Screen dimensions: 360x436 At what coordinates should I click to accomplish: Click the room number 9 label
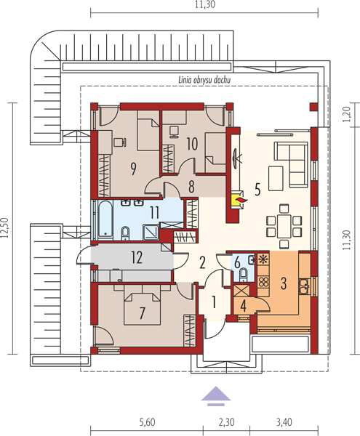click(x=134, y=169)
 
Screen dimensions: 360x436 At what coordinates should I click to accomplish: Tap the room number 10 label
click(x=192, y=144)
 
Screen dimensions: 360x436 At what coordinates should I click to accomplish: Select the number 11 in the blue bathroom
click(x=154, y=212)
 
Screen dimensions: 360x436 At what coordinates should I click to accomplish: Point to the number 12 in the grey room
click(x=137, y=257)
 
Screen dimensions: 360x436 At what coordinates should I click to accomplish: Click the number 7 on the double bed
click(x=142, y=312)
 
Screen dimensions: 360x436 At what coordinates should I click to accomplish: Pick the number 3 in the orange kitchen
click(x=284, y=283)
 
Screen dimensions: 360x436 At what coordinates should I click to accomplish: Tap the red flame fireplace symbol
click(x=241, y=199)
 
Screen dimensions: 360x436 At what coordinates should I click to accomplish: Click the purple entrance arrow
click(x=216, y=396)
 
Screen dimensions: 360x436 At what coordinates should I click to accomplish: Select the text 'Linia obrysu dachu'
click(x=204, y=80)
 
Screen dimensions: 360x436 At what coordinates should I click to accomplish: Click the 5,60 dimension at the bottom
click(x=147, y=422)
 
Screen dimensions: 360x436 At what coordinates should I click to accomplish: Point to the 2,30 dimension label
click(x=226, y=422)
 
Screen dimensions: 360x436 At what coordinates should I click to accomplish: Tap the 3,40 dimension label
click(x=284, y=422)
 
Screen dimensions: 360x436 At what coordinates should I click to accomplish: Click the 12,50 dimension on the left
click(x=5, y=228)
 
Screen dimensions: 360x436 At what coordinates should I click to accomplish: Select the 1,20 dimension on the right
click(x=347, y=115)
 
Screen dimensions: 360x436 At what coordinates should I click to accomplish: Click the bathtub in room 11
click(x=105, y=219)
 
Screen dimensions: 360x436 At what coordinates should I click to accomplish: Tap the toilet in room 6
click(x=244, y=273)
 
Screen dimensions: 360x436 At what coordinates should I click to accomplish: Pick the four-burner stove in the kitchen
click(x=263, y=281)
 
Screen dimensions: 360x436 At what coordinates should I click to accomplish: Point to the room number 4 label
click(x=243, y=306)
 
